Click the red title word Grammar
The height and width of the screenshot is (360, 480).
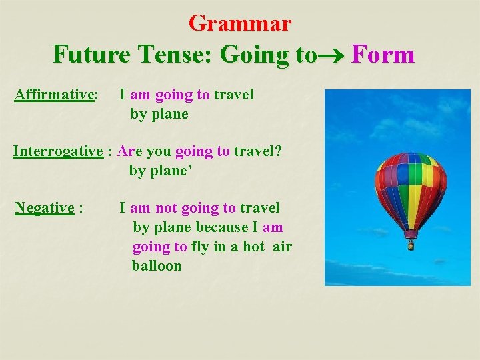point(240,23)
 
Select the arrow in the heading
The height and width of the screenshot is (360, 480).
point(332,55)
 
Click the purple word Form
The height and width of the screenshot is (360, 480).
point(383,54)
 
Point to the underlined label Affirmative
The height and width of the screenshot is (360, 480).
point(54,95)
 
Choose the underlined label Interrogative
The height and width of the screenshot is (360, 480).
point(58,151)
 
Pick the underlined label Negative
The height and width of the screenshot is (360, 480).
point(44,208)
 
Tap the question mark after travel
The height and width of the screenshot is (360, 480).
point(278,151)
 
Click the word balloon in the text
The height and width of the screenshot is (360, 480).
point(157,265)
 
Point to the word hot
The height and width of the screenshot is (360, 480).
point(253,247)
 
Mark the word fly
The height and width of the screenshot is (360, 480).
point(200,247)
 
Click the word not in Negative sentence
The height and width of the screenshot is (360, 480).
point(166,208)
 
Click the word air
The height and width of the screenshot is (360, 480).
point(283,247)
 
